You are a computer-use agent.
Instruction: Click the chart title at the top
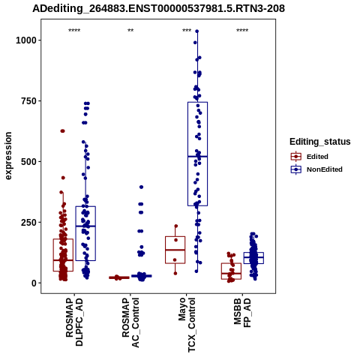tap(158, 8)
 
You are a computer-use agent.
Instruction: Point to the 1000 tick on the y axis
tap(26, 40)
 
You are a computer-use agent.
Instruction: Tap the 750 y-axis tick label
tap(28, 100)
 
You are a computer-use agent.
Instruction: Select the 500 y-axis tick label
tap(28, 161)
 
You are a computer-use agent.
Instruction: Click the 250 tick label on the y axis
tap(28, 222)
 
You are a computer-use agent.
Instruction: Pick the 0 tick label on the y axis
tap(34, 283)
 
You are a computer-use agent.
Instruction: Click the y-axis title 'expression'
tap(8, 156)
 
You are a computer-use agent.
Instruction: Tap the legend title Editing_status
tap(320, 142)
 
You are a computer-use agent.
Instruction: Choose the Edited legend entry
tap(310, 157)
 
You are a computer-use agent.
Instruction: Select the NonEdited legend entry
tap(316, 169)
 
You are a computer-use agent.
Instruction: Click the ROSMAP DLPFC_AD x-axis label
tap(74, 322)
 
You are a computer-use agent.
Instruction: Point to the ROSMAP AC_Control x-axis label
tap(130, 322)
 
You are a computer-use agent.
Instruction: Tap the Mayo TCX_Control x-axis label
tap(187, 325)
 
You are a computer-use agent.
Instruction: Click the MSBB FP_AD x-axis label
tap(242, 313)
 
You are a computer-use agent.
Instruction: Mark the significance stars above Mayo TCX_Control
tap(187, 31)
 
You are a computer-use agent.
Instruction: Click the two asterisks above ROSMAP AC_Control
tap(130, 31)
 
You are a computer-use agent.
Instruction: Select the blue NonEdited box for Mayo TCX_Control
tap(197, 154)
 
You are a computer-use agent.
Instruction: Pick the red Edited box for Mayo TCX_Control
tap(175, 250)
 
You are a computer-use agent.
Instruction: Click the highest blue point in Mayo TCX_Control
tap(197, 31)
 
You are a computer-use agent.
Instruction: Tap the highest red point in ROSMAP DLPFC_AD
tap(62, 131)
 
